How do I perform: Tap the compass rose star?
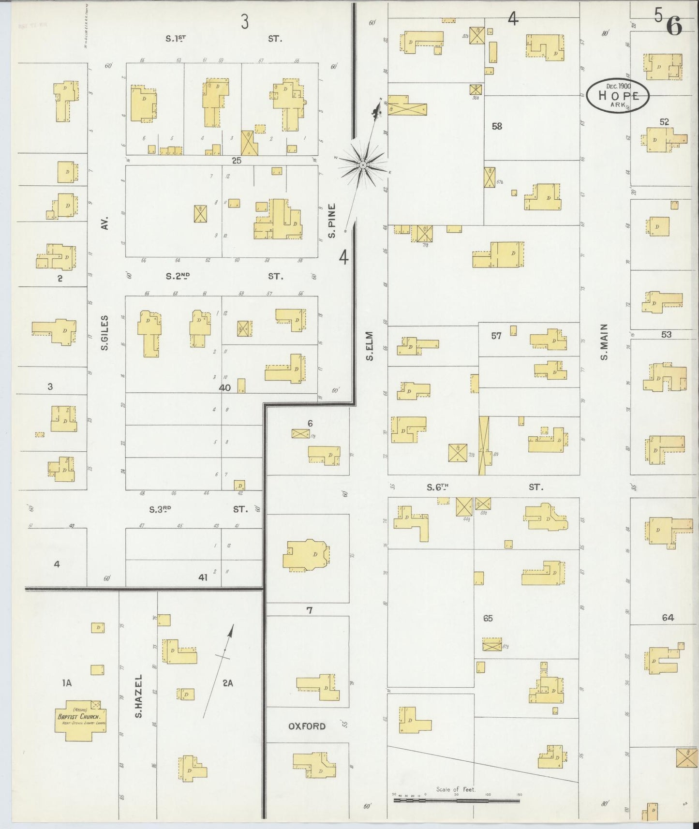click(x=362, y=165)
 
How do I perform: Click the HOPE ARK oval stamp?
click(x=618, y=96)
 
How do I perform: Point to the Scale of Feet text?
click(x=455, y=789)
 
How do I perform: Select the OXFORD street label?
click(x=307, y=726)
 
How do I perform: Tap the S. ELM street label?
click(x=370, y=346)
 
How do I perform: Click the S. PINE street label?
click(x=332, y=220)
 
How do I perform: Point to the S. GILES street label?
click(x=105, y=333)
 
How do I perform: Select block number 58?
click(x=497, y=126)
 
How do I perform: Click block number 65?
click(x=488, y=618)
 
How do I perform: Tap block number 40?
click(x=225, y=387)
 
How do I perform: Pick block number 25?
click(x=236, y=160)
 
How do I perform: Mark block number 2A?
click(x=227, y=683)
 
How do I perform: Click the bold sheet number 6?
click(x=674, y=26)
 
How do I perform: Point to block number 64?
click(x=668, y=617)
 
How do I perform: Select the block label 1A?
click(x=67, y=683)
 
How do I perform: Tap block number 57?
click(x=496, y=335)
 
